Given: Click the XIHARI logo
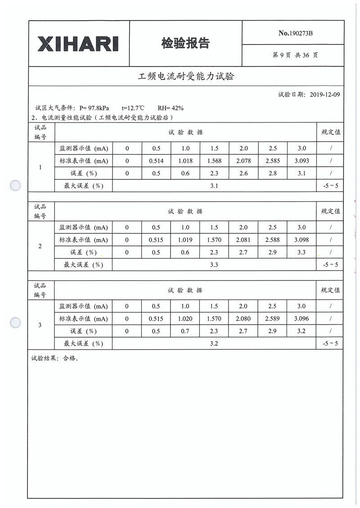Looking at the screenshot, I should [x=78, y=44].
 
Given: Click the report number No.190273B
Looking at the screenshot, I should [x=296, y=33].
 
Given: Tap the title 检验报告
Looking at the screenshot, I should [x=185, y=43].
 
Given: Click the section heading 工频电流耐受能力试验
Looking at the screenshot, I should [x=186, y=76].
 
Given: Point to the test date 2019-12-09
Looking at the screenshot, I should [x=325, y=94].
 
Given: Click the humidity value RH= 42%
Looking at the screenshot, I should [x=170, y=108].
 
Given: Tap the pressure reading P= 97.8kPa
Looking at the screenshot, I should [x=94, y=108].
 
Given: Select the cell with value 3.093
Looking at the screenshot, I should [x=301, y=161].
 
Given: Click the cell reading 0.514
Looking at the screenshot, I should [x=156, y=161].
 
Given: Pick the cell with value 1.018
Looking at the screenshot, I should [x=185, y=161].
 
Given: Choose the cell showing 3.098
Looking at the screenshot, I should [x=301, y=240].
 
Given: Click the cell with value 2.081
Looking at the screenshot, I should [x=243, y=240].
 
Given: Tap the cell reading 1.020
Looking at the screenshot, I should [x=185, y=319].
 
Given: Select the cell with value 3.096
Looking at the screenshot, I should [x=301, y=319].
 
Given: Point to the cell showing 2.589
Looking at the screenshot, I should [x=272, y=319].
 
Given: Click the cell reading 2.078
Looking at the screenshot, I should [x=243, y=161].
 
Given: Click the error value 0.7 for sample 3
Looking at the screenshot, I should [x=185, y=331].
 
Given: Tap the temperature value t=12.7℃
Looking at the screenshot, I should [x=133, y=108].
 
